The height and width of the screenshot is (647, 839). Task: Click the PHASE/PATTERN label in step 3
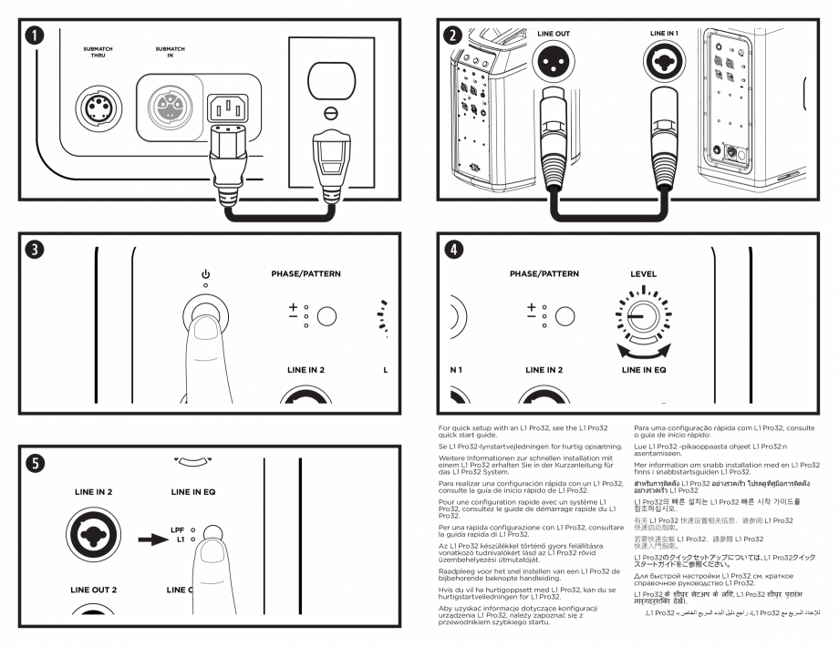pos(310,272)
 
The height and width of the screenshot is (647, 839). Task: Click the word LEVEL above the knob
pos(645,272)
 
